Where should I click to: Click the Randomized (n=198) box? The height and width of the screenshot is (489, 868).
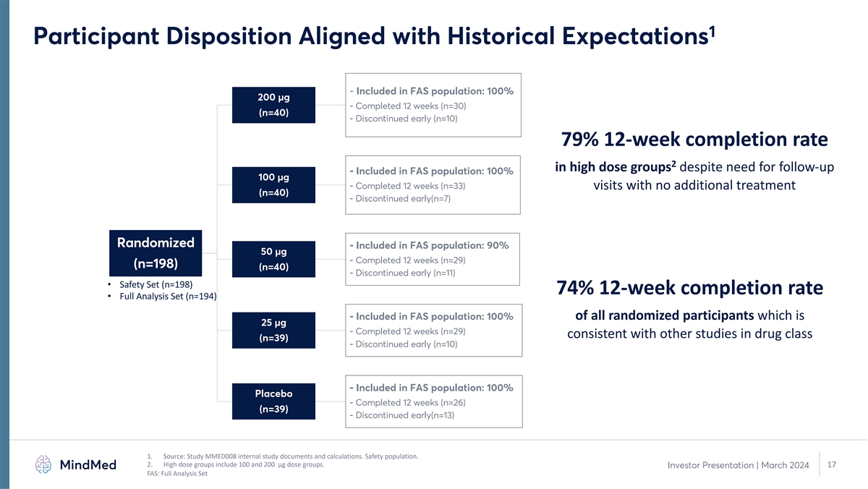(156, 253)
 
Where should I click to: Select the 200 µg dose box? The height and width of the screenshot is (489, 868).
(273, 105)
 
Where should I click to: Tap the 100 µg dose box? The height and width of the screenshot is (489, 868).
(273, 185)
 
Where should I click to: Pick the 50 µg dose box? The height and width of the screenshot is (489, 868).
(273, 259)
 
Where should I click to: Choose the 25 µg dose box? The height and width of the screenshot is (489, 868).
(273, 330)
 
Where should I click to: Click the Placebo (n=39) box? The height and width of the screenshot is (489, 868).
(273, 401)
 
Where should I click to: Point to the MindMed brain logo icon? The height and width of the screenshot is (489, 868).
(43, 464)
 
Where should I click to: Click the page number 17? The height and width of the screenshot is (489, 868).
(832, 464)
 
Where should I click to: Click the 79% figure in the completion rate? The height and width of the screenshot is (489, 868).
(579, 139)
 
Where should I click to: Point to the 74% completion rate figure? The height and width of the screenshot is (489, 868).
(575, 287)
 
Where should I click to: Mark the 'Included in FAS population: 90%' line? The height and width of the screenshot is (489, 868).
(429, 245)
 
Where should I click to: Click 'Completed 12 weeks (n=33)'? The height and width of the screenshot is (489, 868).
(407, 186)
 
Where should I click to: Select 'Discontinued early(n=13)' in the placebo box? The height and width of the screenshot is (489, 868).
(402, 415)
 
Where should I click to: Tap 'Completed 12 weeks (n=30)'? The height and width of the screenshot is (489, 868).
(408, 106)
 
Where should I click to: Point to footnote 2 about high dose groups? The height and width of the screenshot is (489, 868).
(236, 464)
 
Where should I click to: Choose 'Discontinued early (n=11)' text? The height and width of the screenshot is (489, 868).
(402, 273)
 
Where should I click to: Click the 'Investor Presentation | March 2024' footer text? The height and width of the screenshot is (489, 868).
(739, 465)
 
